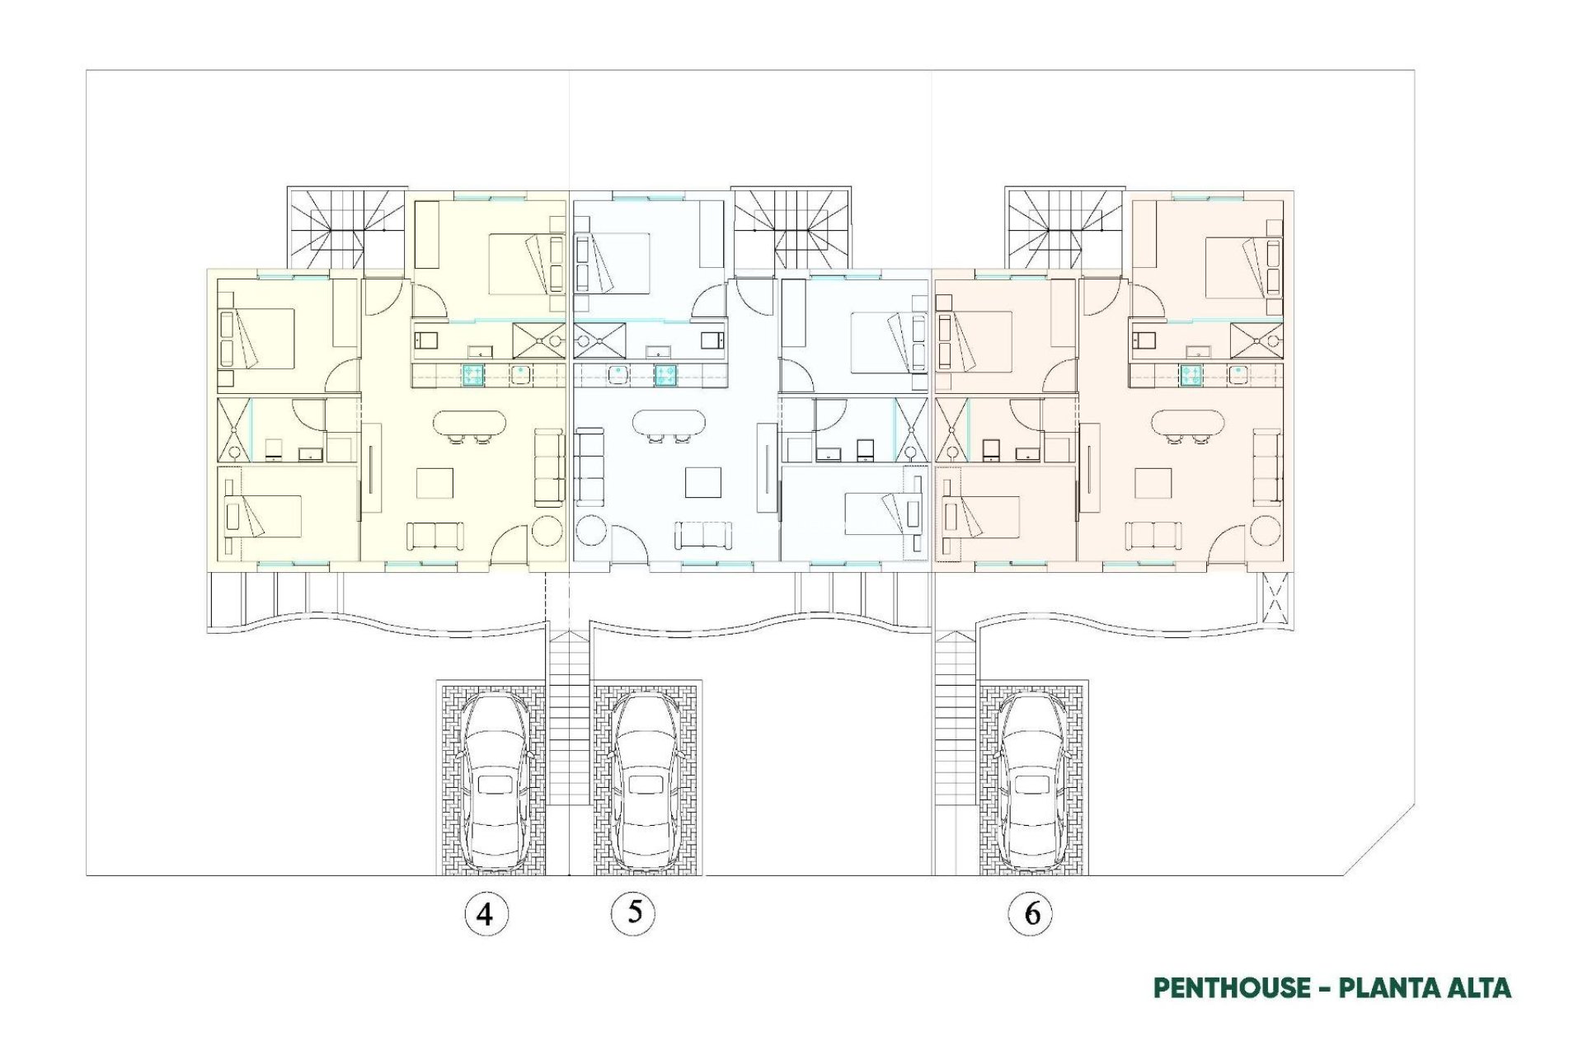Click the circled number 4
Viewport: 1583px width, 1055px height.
(x=486, y=913)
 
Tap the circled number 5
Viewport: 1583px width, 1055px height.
(x=633, y=912)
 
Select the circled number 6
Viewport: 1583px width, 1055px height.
(x=1031, y=913)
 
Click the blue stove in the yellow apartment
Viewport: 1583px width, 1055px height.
(x=473, y=376)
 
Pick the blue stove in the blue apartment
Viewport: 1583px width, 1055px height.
(x=666, y=376)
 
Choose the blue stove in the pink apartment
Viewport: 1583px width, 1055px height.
(x=1191, y=376)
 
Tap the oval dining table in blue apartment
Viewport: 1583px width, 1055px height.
(x=669, y=424)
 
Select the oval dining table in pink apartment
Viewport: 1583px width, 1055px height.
(x=1188, y=424)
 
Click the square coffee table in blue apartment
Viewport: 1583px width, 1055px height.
(x=702, y=483)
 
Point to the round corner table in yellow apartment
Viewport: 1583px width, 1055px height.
(x=547, y=531)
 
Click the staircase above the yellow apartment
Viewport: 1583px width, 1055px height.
(x=347, y=227)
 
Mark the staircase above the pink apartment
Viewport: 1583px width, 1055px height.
(x=1064, y=227)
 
